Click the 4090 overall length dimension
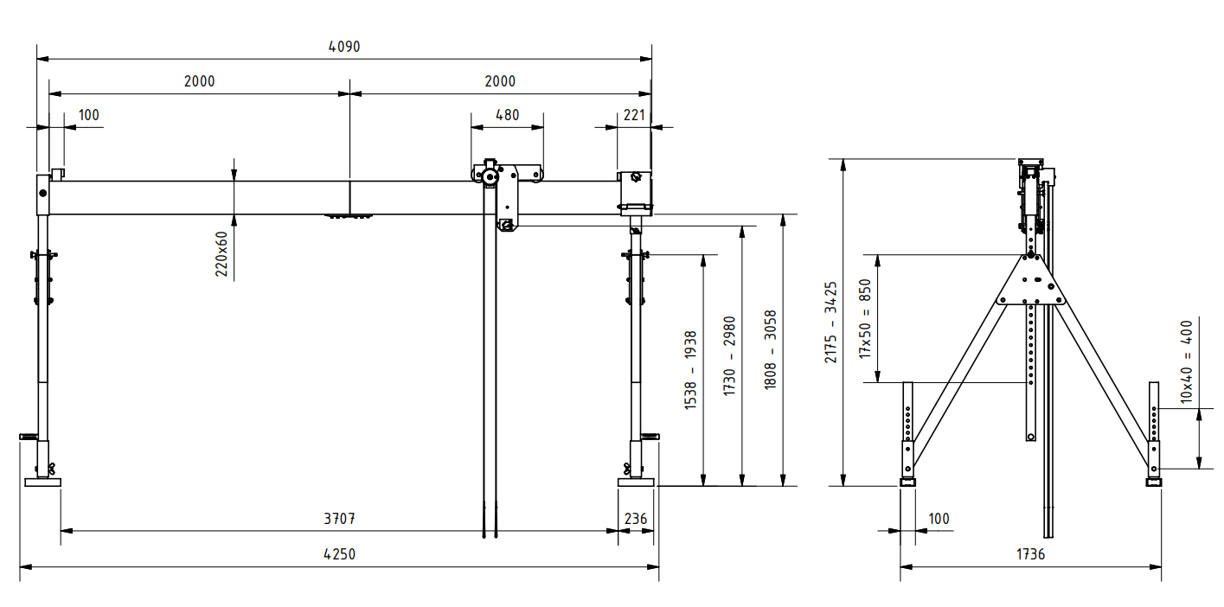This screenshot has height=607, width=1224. [x=344, y=47]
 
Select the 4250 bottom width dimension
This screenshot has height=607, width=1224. [x=340, y=554]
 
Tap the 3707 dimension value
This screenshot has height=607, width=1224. [x=340, y=519]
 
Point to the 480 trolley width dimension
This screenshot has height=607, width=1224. [x=507, y=115]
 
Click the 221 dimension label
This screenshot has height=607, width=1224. [x=635, y=115]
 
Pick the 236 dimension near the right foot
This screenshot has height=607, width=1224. [x=635, y=519]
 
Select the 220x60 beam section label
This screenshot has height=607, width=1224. [x=221, y=253]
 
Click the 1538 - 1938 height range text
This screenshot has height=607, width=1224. [x=690, y=369]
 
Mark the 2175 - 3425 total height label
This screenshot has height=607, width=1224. [x=830, y=322]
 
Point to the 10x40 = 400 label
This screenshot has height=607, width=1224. [x=1186, y=361]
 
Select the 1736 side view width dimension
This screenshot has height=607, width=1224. [x=1029, y=554]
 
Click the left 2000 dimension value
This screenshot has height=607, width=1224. [x=199, y=81]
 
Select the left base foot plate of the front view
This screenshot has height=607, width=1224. [x=42, y=482]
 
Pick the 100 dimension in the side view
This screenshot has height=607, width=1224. [x=939, y=519]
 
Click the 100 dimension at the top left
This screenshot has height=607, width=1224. [x=89, y=115]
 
